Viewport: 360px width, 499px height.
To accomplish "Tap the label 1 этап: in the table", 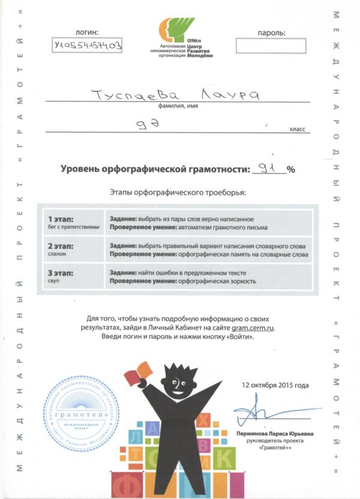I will (62, 219).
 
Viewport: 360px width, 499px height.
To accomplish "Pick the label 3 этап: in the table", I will (62, 273).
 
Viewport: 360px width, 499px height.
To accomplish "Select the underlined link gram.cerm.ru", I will (253, 327).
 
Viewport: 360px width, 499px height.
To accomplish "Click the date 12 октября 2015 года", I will (275, 385).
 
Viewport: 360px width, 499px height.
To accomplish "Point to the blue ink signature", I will (259, 413).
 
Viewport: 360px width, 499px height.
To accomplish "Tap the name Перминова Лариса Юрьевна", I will (275, 433).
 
